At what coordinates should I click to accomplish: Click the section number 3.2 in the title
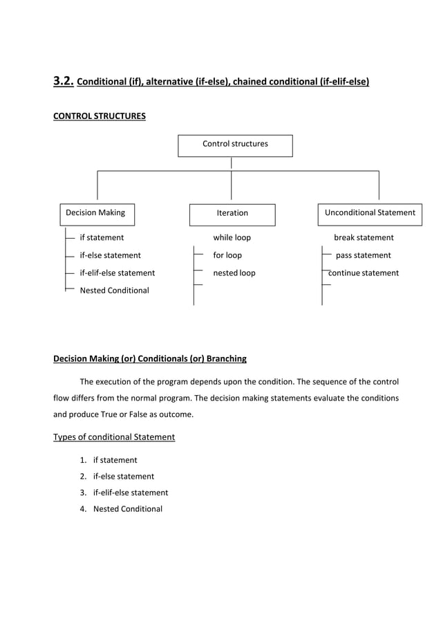pyautogui.click(x=64, y=82)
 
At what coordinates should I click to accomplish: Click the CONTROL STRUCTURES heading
pyautogui.click(x=100, y=116)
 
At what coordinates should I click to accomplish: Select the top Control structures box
pyautogui.click(x=235, y=145)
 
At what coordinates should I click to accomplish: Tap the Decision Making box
pyautogui.click(x=95, y=213)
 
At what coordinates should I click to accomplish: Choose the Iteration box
pyautogui.click(x=232, y=214)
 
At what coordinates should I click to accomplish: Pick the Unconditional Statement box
pyautogui.click(x=370, y=213)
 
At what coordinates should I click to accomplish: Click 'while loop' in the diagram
pyautogui.click(x=232, y=237)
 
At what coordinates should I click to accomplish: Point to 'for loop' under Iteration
pyautogui.click(x=227, y=255)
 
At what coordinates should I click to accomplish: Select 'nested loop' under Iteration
pyautogui.click(x=234, y=273)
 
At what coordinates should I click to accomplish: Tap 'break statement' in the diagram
pyautogui.click(x=364, y=237)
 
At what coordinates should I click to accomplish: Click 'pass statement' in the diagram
pyautogui.click(x=363, y=255)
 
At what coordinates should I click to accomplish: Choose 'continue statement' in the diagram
pyautogui.click(x=364, y=273)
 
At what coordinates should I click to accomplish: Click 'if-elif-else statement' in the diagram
pyautogui.click(x=118, y=273)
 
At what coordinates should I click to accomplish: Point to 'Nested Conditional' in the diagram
pyautogui.click(x=114, y=291)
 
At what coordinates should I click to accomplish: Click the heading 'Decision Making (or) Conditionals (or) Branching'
pyautogui.click(x=150, y=358)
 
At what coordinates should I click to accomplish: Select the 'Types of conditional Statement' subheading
pyautogui.click(x=114, y=437)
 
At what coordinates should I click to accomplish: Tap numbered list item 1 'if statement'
pyautogui.click(x=115, y=460)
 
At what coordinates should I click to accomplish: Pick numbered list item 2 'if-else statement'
pyautogui.click(x=123, y=477)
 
